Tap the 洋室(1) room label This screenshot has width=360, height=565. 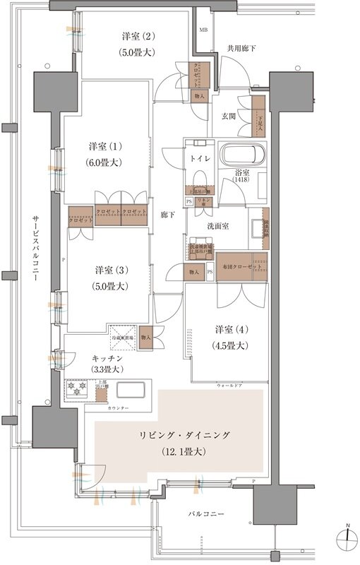(105, 147)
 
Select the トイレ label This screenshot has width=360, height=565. (198, 159)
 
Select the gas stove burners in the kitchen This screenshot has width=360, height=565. (75, 389)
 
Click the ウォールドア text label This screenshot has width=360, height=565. (230, 386)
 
